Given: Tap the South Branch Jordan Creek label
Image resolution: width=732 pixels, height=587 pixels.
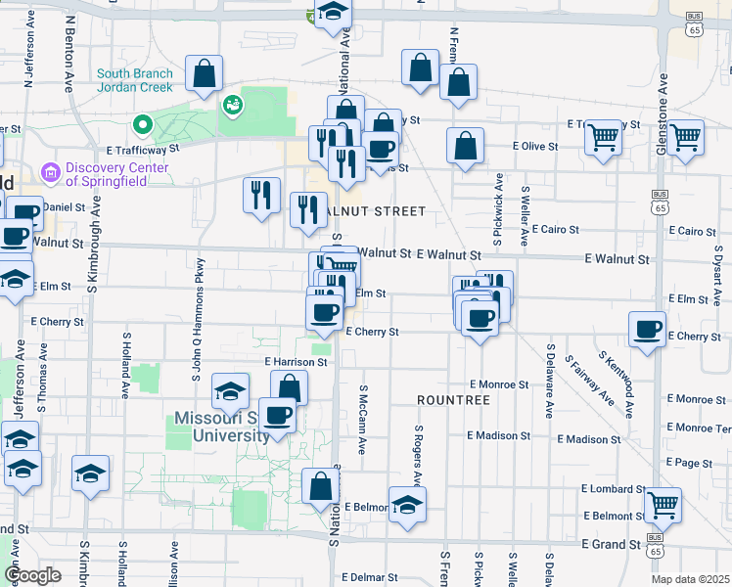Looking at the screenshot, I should (135, 80).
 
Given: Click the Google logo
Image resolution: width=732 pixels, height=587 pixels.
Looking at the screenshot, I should (32, 574).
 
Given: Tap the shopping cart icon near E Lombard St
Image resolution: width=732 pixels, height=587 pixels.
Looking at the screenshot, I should (663, 506).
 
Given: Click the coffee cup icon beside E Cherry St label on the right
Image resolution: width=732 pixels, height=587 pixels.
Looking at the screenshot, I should (647, 330).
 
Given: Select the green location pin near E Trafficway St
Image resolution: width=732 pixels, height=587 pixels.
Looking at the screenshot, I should (142, 124).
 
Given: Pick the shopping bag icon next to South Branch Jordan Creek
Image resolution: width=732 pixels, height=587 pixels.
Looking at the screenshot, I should (204, 73).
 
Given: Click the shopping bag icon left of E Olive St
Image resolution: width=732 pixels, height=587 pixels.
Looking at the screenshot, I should (466, 146).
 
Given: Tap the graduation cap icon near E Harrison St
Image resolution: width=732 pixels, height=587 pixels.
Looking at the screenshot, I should (230, 393).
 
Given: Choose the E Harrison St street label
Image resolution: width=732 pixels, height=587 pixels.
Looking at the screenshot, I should (296, 362).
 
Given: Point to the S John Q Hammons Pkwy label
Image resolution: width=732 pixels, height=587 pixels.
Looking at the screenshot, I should (199, 318).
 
